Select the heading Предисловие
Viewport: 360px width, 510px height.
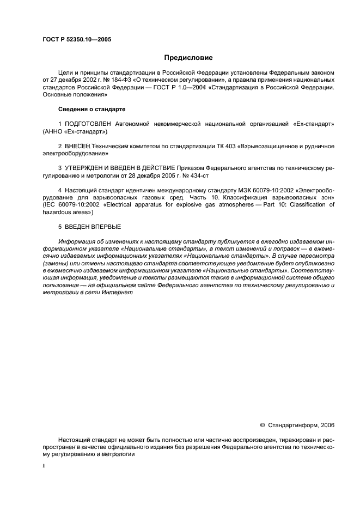tap(188, 58)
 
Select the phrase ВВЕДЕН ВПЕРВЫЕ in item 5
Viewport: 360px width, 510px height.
tap(91, 226)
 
